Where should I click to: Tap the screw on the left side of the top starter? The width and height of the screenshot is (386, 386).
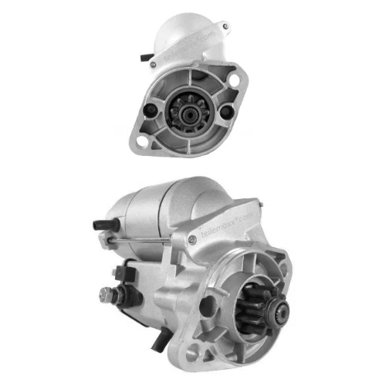click(151, 62)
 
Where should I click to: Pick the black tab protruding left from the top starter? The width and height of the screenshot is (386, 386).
click(145, 57)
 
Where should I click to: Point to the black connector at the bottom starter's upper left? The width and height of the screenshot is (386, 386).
click(98, 225)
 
